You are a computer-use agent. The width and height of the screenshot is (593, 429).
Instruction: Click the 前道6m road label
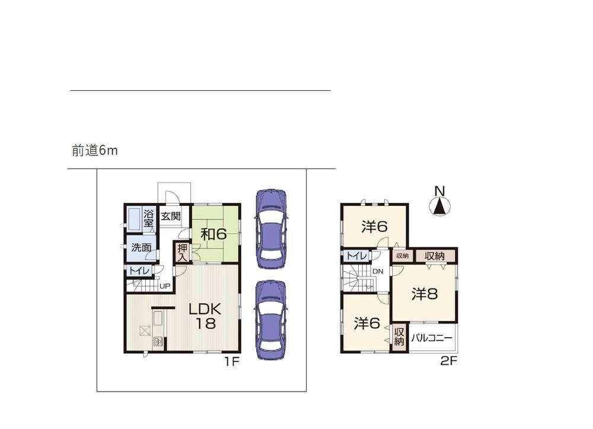point(94,151)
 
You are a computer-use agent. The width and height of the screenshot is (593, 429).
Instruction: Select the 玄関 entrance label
point(171,217)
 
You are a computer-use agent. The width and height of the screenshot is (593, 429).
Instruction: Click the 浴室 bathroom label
point(148,218)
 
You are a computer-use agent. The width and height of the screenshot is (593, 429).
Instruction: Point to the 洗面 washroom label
point(141,248)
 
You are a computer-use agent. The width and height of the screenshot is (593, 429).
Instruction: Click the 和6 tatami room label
point(213,234)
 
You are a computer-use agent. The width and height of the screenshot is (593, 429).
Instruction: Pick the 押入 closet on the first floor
point(183,252)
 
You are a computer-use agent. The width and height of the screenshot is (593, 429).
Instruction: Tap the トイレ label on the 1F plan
point(139,271)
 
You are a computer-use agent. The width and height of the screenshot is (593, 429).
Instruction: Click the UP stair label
point(164,287)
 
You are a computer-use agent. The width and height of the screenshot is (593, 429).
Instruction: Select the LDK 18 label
point(205,316)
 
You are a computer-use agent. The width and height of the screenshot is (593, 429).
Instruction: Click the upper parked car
point(271,229)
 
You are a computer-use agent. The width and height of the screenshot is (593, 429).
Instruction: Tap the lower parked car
point(270,320)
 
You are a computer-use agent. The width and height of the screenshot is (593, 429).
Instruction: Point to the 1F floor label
point(232,362)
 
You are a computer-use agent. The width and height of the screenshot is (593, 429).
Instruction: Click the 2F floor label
point(449,361)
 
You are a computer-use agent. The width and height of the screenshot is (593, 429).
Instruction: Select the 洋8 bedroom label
point(425,294)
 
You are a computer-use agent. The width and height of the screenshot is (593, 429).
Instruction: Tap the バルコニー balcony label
point(432,338)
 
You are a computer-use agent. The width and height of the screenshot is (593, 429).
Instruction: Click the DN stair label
point(378,271)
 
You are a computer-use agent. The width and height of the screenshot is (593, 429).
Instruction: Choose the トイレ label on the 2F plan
point(357,256)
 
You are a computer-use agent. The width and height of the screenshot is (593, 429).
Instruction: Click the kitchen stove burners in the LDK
point(158,342)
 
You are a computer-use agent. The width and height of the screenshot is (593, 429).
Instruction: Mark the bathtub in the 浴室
point(134,218)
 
